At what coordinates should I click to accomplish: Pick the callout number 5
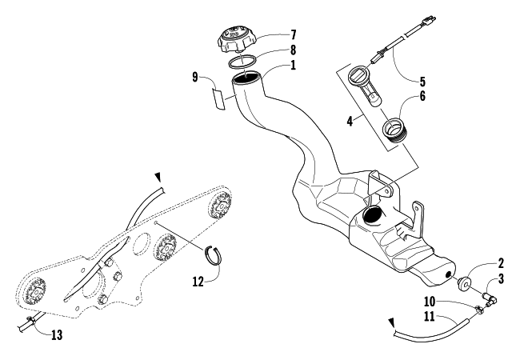tap(422, 80)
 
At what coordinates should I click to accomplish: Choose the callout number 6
tap(422, 96)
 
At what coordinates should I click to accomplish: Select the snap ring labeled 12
tap(215, 254)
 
